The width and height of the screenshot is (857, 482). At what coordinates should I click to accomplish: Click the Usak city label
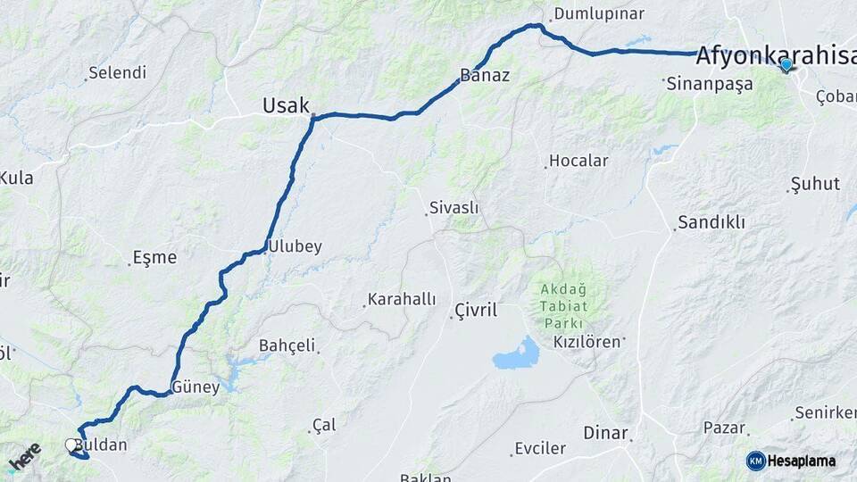pyautogui.click(x=285, y=106)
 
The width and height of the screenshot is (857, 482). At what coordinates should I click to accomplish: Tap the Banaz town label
pyautogui.click(x=485, y=75)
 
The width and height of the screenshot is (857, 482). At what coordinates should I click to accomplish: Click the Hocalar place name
pyautogui.click(x=578, y=161)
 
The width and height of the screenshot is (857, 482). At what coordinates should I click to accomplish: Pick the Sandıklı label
pyautogui.click(x=711, y=222)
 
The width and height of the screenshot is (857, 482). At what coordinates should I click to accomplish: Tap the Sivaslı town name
pyautogui.click(x=454, y=208)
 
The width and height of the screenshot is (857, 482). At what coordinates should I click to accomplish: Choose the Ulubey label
pyautogui.click(x=295, y=246)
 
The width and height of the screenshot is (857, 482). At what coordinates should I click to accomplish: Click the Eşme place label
pyautogui.click(x=154, y=257)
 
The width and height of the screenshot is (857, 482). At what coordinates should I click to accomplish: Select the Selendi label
pyautogui.click(x=118, y=73)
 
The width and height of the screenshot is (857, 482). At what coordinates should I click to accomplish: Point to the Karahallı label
pyautogui.click(x=402, y=299)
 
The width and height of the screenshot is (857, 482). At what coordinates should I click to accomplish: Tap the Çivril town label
pyautogui.click(x=475, y=311)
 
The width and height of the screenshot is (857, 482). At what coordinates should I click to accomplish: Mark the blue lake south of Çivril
pyautogui.click(x=517, y=355)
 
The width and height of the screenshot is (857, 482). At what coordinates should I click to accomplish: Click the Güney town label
pyautogui.click(x=196, y=387)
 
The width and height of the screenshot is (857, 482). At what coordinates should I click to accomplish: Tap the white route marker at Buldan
pyautogui.click(x=71, y=445)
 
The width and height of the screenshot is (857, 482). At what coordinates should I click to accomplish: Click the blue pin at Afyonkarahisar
pyautogui.click(x=786, y=64)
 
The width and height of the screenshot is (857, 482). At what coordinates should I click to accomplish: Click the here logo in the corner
pyautogui.click(x=25, y=457)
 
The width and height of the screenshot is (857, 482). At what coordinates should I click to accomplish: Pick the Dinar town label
pyautogui.click(x=605, y=433)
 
